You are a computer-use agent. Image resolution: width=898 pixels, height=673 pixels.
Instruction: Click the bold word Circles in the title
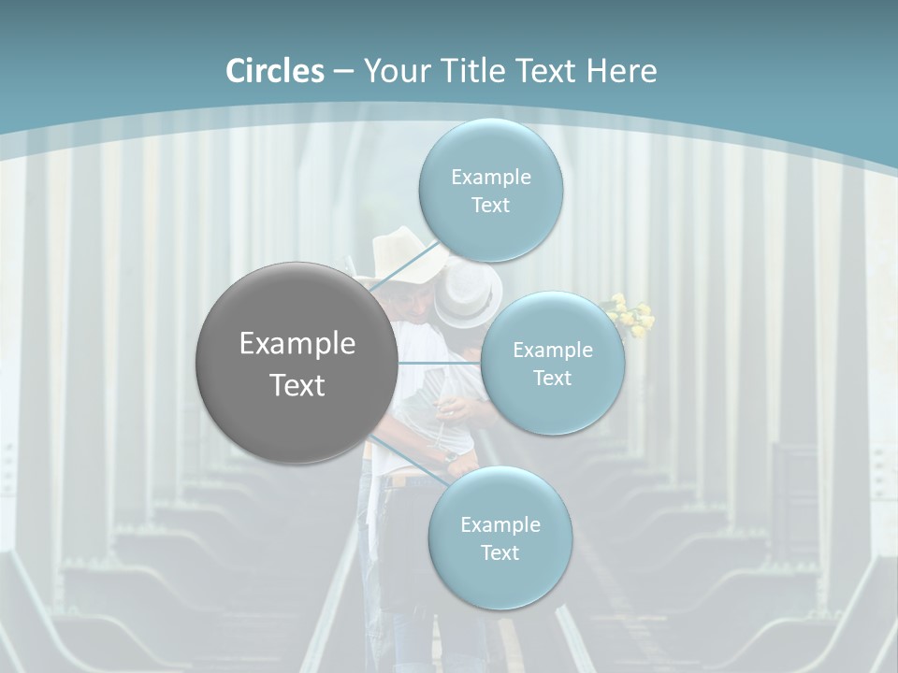coord(275,71)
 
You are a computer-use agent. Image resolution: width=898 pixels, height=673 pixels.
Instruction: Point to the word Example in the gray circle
coord(297,344)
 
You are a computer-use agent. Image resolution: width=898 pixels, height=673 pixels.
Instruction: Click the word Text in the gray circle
coord(297,385)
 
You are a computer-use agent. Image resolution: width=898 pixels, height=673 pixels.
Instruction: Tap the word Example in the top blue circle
coord(490,178)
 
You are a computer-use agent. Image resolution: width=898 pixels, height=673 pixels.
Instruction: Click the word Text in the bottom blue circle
coord(500,552)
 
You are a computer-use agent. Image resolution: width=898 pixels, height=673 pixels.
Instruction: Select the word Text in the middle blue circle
coord(552,379)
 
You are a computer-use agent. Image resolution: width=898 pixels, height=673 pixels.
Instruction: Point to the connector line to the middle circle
coord(440,362)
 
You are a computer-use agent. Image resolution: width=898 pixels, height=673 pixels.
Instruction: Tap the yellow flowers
coord(631,316)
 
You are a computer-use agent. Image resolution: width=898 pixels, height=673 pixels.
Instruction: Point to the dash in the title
coord(343,72)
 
